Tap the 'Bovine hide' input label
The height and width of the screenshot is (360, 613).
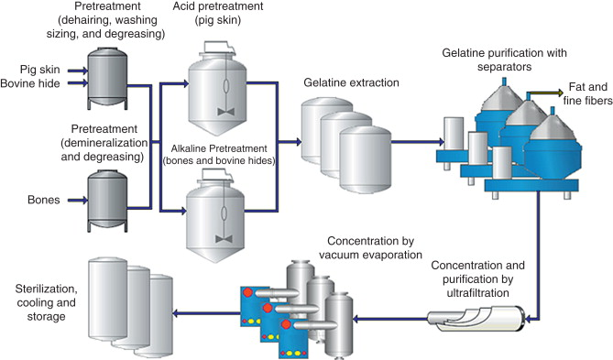[37, 84]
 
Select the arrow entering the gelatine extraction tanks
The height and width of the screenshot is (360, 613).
[291, 142]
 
